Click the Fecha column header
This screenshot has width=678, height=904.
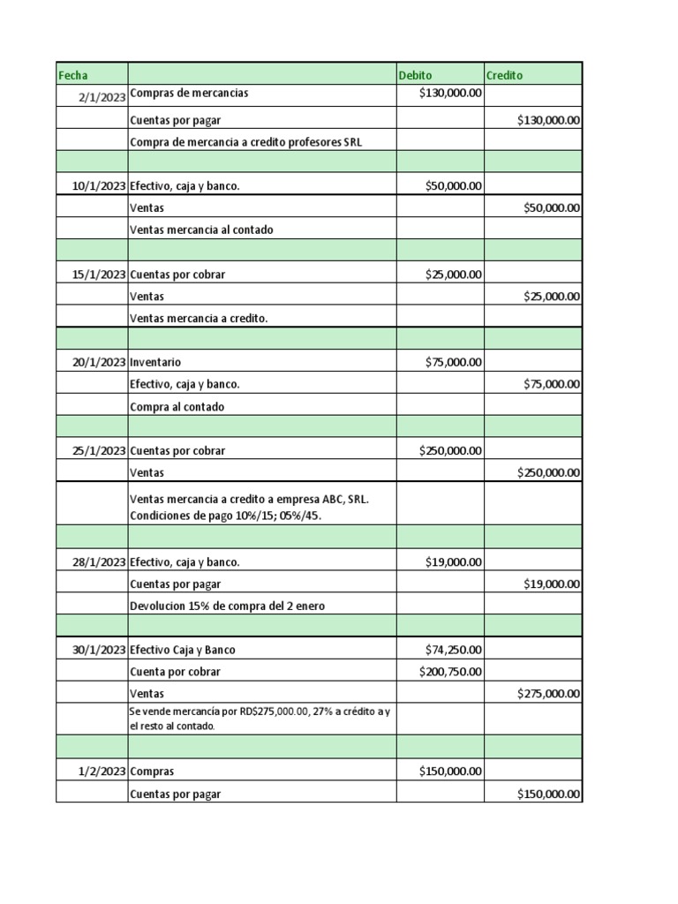[x=73, y=75]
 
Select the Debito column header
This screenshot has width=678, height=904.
[x=416, y=75]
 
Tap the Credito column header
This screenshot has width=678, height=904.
[x=504, y=75]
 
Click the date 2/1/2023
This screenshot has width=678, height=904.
[x=102, y=97]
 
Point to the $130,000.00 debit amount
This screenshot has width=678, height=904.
[x=450, y=94]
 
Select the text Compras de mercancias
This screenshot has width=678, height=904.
[x=189, y=94]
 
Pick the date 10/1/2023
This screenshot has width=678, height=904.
[x=98, y=185]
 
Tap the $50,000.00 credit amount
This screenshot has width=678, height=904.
[x=552, y=208]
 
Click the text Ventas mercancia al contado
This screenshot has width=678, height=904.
[x=201, y=230]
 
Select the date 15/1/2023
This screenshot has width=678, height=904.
[x=98, y=274]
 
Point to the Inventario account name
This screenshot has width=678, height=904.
[x=155, y=362]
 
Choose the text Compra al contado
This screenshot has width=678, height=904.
[x=177, y=407]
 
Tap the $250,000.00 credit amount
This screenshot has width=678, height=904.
[x=548, y=473]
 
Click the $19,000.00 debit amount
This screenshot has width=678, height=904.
[x=453, y=561]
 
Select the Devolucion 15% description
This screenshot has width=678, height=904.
[x=232, y=606]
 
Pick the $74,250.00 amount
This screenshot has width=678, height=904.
[x=453, y=650]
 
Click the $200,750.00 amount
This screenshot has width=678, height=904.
[x=450, y=672]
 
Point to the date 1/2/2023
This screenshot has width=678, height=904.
[x=102, y=771]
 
